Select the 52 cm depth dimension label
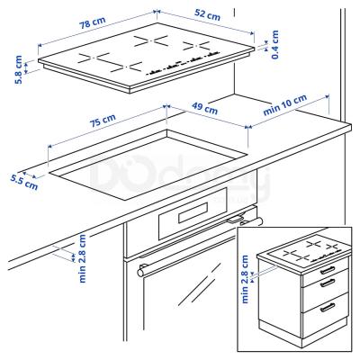(x=207, y=16)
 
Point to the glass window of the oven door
(x=193, y=297)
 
